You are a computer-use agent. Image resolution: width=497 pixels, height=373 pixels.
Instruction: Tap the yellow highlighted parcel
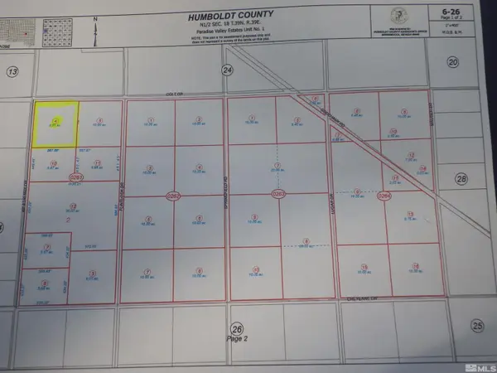coord(55,125)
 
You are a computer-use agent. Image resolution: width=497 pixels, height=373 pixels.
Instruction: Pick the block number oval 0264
coord(383,196)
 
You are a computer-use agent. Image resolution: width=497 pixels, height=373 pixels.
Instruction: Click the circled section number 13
coord(12,72)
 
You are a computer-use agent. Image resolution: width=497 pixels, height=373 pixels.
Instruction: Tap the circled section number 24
coord(228,72)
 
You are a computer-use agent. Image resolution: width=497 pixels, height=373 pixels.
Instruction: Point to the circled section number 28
coord(462,179)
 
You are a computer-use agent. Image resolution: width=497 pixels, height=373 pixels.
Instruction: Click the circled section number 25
coord(475,325)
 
